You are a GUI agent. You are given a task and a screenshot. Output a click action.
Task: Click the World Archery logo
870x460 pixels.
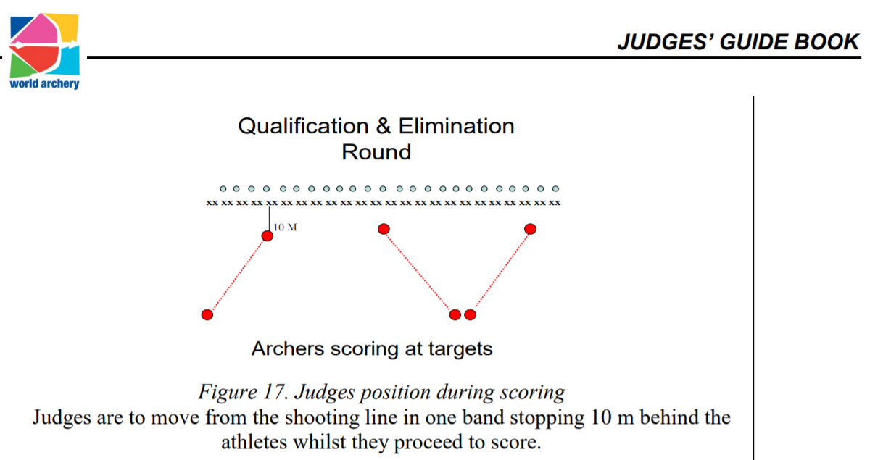click(x=44, y=49)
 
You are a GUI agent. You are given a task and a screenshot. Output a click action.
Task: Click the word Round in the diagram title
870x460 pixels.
click(x=376, y=152)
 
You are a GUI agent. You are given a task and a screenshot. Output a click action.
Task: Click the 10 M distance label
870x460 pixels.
click(x=286, y=227)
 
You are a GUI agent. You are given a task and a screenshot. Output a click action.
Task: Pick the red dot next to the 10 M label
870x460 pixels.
click(x=268, y=235)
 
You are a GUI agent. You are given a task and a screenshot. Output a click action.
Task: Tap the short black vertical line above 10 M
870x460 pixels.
click(x=270, y=217)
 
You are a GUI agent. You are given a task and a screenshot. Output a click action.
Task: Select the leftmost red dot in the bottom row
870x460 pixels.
click(x=207, y=314)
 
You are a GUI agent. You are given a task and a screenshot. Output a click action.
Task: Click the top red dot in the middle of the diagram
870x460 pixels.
click(x=384, y=229)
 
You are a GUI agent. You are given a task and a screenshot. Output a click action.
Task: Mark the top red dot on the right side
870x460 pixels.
click(x=530, y=229)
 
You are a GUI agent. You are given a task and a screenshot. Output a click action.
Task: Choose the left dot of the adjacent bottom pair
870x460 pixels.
click(x=455, y=314)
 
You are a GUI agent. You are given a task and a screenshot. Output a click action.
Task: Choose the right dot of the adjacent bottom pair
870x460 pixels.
click(x=470, y=314)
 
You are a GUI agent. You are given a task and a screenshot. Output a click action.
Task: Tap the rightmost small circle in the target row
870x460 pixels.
click(x=556, y=188)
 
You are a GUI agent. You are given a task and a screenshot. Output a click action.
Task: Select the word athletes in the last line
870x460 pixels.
click(x=253, y=441)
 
